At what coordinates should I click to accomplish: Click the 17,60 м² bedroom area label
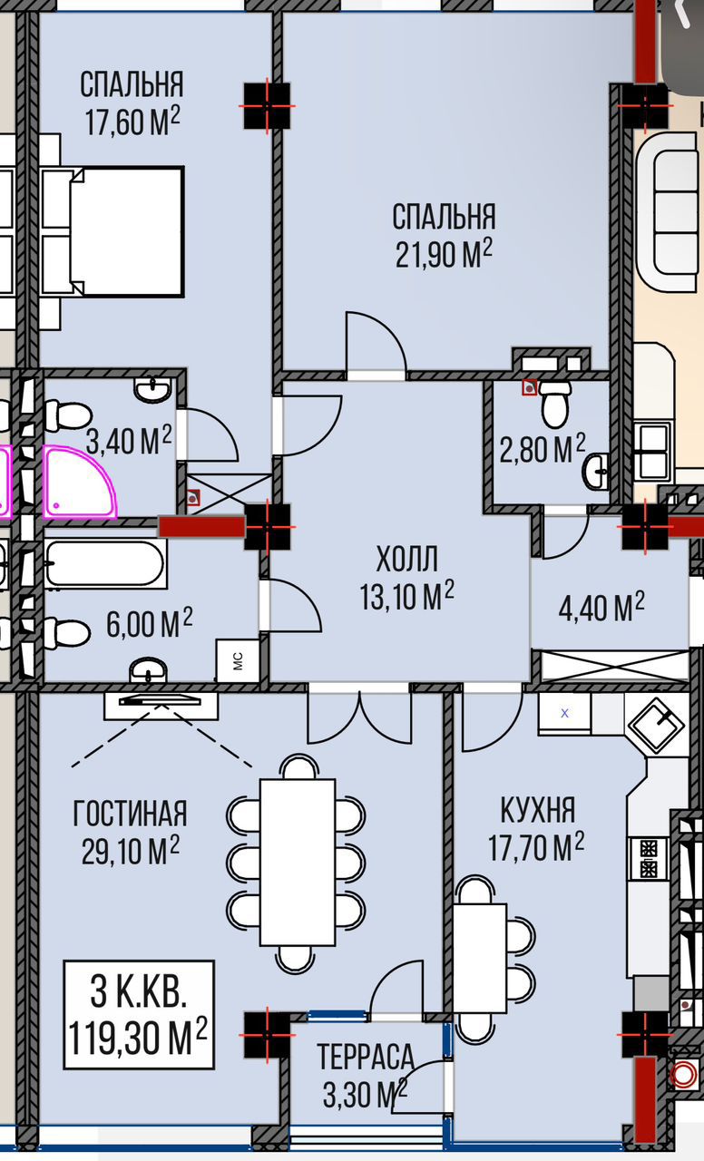(132, 121)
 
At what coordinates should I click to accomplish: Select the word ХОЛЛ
(407, 559)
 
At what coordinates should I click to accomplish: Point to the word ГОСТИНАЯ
(130, 813)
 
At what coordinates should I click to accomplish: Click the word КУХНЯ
(538, 810)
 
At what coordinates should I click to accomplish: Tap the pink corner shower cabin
(79, 482)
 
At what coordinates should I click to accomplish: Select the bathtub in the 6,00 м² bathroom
(105, 563)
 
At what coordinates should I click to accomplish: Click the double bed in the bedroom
(113, 231)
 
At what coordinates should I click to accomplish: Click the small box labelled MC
(238, 661)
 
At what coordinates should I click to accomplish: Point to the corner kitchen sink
(658, 726)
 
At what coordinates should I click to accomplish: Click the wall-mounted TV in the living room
(161, 701)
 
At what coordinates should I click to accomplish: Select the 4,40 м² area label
(601, 607)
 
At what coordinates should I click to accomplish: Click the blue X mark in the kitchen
(565, 713)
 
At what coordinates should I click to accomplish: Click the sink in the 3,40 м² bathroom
(152, 389)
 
